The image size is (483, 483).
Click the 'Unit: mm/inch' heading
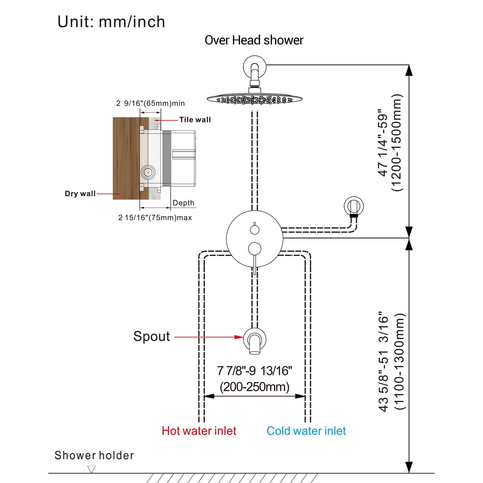click(x=111, y=22)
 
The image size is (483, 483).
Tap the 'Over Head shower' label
click(x=254, y=40)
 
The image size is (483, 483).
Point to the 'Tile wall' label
click(x=195, y=120)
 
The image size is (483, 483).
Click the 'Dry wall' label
click(x=80, y=194)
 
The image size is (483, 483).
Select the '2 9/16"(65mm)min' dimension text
click(x=150, y=103)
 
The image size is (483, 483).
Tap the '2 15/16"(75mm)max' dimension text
click(x=155, y=218)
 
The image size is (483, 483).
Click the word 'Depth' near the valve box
click(x=183, y=203)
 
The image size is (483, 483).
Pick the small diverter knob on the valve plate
click(x=255, y=230)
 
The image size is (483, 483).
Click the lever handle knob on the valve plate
click(x=254, y=249)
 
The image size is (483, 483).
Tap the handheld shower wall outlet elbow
click(x=353, y=207)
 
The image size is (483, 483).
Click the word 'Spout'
click(x=152, y=336)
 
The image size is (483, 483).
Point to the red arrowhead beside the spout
click(x=239, y=337)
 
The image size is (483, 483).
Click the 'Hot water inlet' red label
click(x=199, y=431)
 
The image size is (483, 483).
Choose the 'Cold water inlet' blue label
click(x=306, y=431)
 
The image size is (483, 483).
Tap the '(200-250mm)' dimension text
click(x=254, y=387)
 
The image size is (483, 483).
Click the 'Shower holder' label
click(x=94, y=455)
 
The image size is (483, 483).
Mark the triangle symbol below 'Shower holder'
click(x=91, y=469)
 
